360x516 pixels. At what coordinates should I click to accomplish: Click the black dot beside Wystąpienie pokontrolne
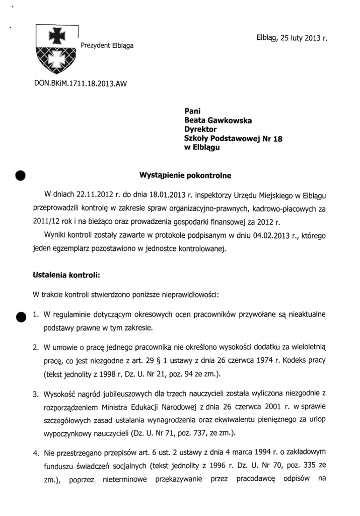click(x=20, y=175)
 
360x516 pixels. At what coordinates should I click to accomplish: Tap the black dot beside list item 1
click(x=20, y=316)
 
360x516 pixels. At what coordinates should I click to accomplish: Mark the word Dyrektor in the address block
click(x=200, y=130)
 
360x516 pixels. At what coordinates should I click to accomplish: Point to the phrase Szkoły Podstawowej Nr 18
click(x=233, y=139)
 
